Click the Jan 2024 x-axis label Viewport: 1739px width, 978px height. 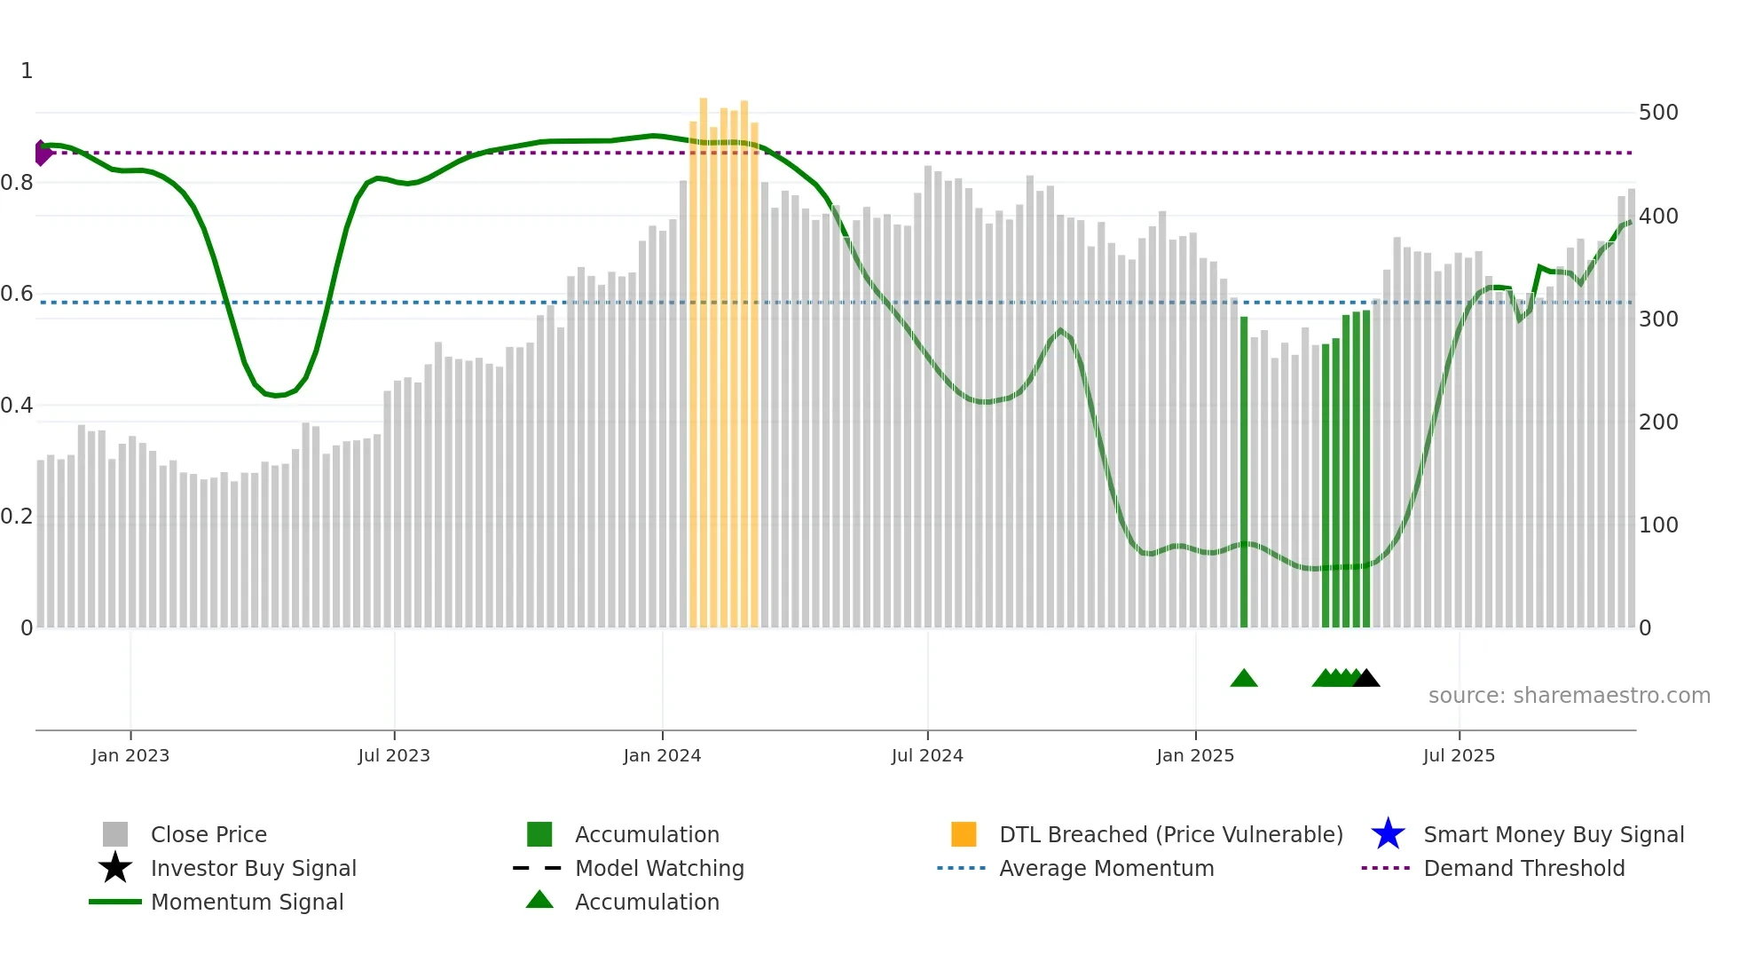[662, 755]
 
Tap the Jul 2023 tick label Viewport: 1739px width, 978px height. [394, 755]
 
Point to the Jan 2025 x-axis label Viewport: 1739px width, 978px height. [1195, 755]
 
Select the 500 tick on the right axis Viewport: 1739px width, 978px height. [1658, 113]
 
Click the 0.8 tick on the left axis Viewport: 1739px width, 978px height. [17, 183]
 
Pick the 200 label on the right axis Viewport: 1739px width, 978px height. [1658, 422]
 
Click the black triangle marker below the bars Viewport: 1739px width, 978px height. [1366, 679]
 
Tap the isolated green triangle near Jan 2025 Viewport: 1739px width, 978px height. [1244, 679]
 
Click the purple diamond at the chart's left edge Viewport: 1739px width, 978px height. [42, 153]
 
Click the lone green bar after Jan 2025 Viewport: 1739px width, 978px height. [1244, 470]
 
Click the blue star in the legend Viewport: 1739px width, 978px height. [1388, 834]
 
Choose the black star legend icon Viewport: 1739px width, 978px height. [115, 868]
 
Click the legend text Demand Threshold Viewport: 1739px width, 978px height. [1523, 868]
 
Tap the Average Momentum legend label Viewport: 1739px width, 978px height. [1106, 868]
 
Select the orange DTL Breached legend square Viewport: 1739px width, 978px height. [964, 834]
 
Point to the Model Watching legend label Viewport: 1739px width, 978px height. [659, 868]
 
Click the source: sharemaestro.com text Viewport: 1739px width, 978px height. [1569, 696]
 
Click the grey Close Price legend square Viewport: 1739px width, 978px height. [115, 834]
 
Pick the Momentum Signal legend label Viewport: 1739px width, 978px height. [247, 902]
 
